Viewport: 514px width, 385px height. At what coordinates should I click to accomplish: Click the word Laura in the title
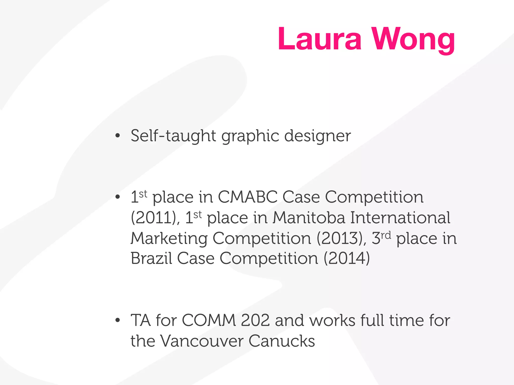pyautogui.click(x=319, y=39)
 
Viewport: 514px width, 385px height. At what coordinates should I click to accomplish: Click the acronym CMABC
pyautogui.click(x=247, y=197)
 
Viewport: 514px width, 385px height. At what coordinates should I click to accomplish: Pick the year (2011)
pyautogui.click(x=155, y=218)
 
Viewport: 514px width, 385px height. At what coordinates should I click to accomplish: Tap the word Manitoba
pyautogui.click(x=309, y=218)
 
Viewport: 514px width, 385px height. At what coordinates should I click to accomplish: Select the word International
pyautogui.click(x=400, y=218)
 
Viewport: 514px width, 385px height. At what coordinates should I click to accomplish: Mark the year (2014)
pyautogui.click(x=347, y=258)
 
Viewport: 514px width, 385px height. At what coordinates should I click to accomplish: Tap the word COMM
pyautogui.click(x=209, y=320)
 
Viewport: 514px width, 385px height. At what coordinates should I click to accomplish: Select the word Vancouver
pyautogui.click(x=202, y=341)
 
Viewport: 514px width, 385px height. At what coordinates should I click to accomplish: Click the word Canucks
pyautogui.click(x=282, y=341)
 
